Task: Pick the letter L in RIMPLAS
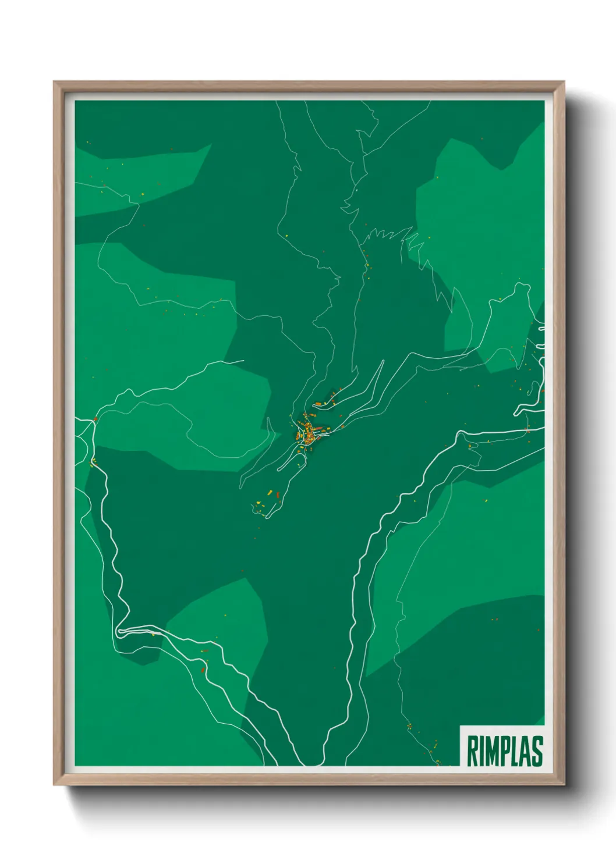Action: click(515, 751)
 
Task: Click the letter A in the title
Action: click(525, 751)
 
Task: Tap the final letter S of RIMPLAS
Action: click(536, 751)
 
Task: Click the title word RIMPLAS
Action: click(504, 751)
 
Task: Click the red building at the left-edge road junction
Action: click(95, 419)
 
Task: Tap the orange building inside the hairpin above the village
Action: click(319, 403)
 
